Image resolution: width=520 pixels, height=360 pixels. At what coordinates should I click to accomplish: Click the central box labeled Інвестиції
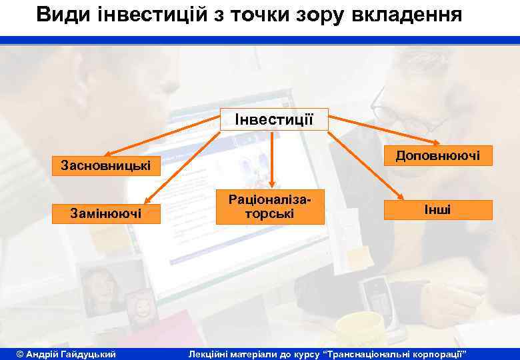[274, 119]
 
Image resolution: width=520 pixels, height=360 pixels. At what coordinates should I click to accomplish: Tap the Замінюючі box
[106, 213]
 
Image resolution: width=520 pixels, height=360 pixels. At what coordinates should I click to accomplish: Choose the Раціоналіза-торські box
[270, 207]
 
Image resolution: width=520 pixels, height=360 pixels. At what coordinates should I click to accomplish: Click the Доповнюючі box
[437, 155]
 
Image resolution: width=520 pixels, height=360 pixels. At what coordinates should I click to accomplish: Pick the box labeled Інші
[437, 210]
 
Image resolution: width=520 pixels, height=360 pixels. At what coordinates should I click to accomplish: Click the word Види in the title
[61, 15]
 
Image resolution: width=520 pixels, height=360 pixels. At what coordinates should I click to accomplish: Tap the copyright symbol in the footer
[20, 353]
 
